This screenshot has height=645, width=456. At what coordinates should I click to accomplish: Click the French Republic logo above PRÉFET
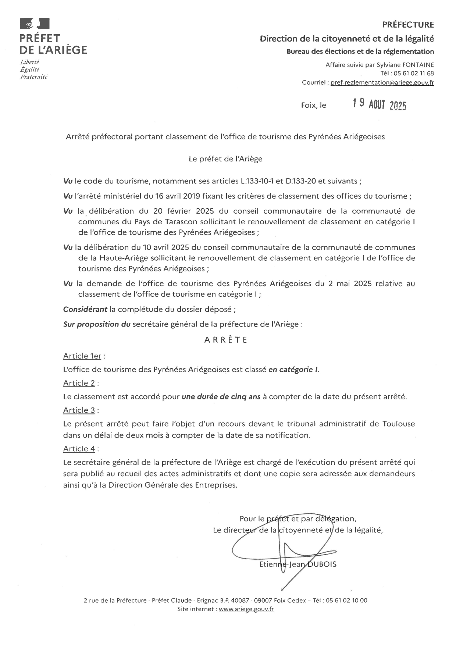point(35,24)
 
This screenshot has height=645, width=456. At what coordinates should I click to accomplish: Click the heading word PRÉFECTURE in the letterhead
point(408,25)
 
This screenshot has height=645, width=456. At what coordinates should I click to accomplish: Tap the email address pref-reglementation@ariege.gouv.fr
point(382,83)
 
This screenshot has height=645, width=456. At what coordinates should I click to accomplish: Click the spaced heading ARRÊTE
point(226,340)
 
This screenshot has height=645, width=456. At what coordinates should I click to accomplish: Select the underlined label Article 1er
point(82,356)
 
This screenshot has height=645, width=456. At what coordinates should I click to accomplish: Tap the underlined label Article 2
point(79,383)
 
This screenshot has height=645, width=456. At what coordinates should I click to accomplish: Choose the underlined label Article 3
point(79,410)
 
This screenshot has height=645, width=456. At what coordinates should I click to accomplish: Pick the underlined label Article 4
point(79,449)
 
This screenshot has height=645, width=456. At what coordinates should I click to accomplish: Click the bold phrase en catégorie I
point(293,370)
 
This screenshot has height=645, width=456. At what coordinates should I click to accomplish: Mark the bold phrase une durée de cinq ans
point(221,397)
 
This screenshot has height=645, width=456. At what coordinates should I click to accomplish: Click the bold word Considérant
point(85,309)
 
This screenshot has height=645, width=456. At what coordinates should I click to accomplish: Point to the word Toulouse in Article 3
point(399,424)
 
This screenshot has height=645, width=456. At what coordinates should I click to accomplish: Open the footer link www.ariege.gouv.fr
point(246,609)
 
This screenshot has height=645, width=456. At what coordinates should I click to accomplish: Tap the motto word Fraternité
point(34,77)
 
